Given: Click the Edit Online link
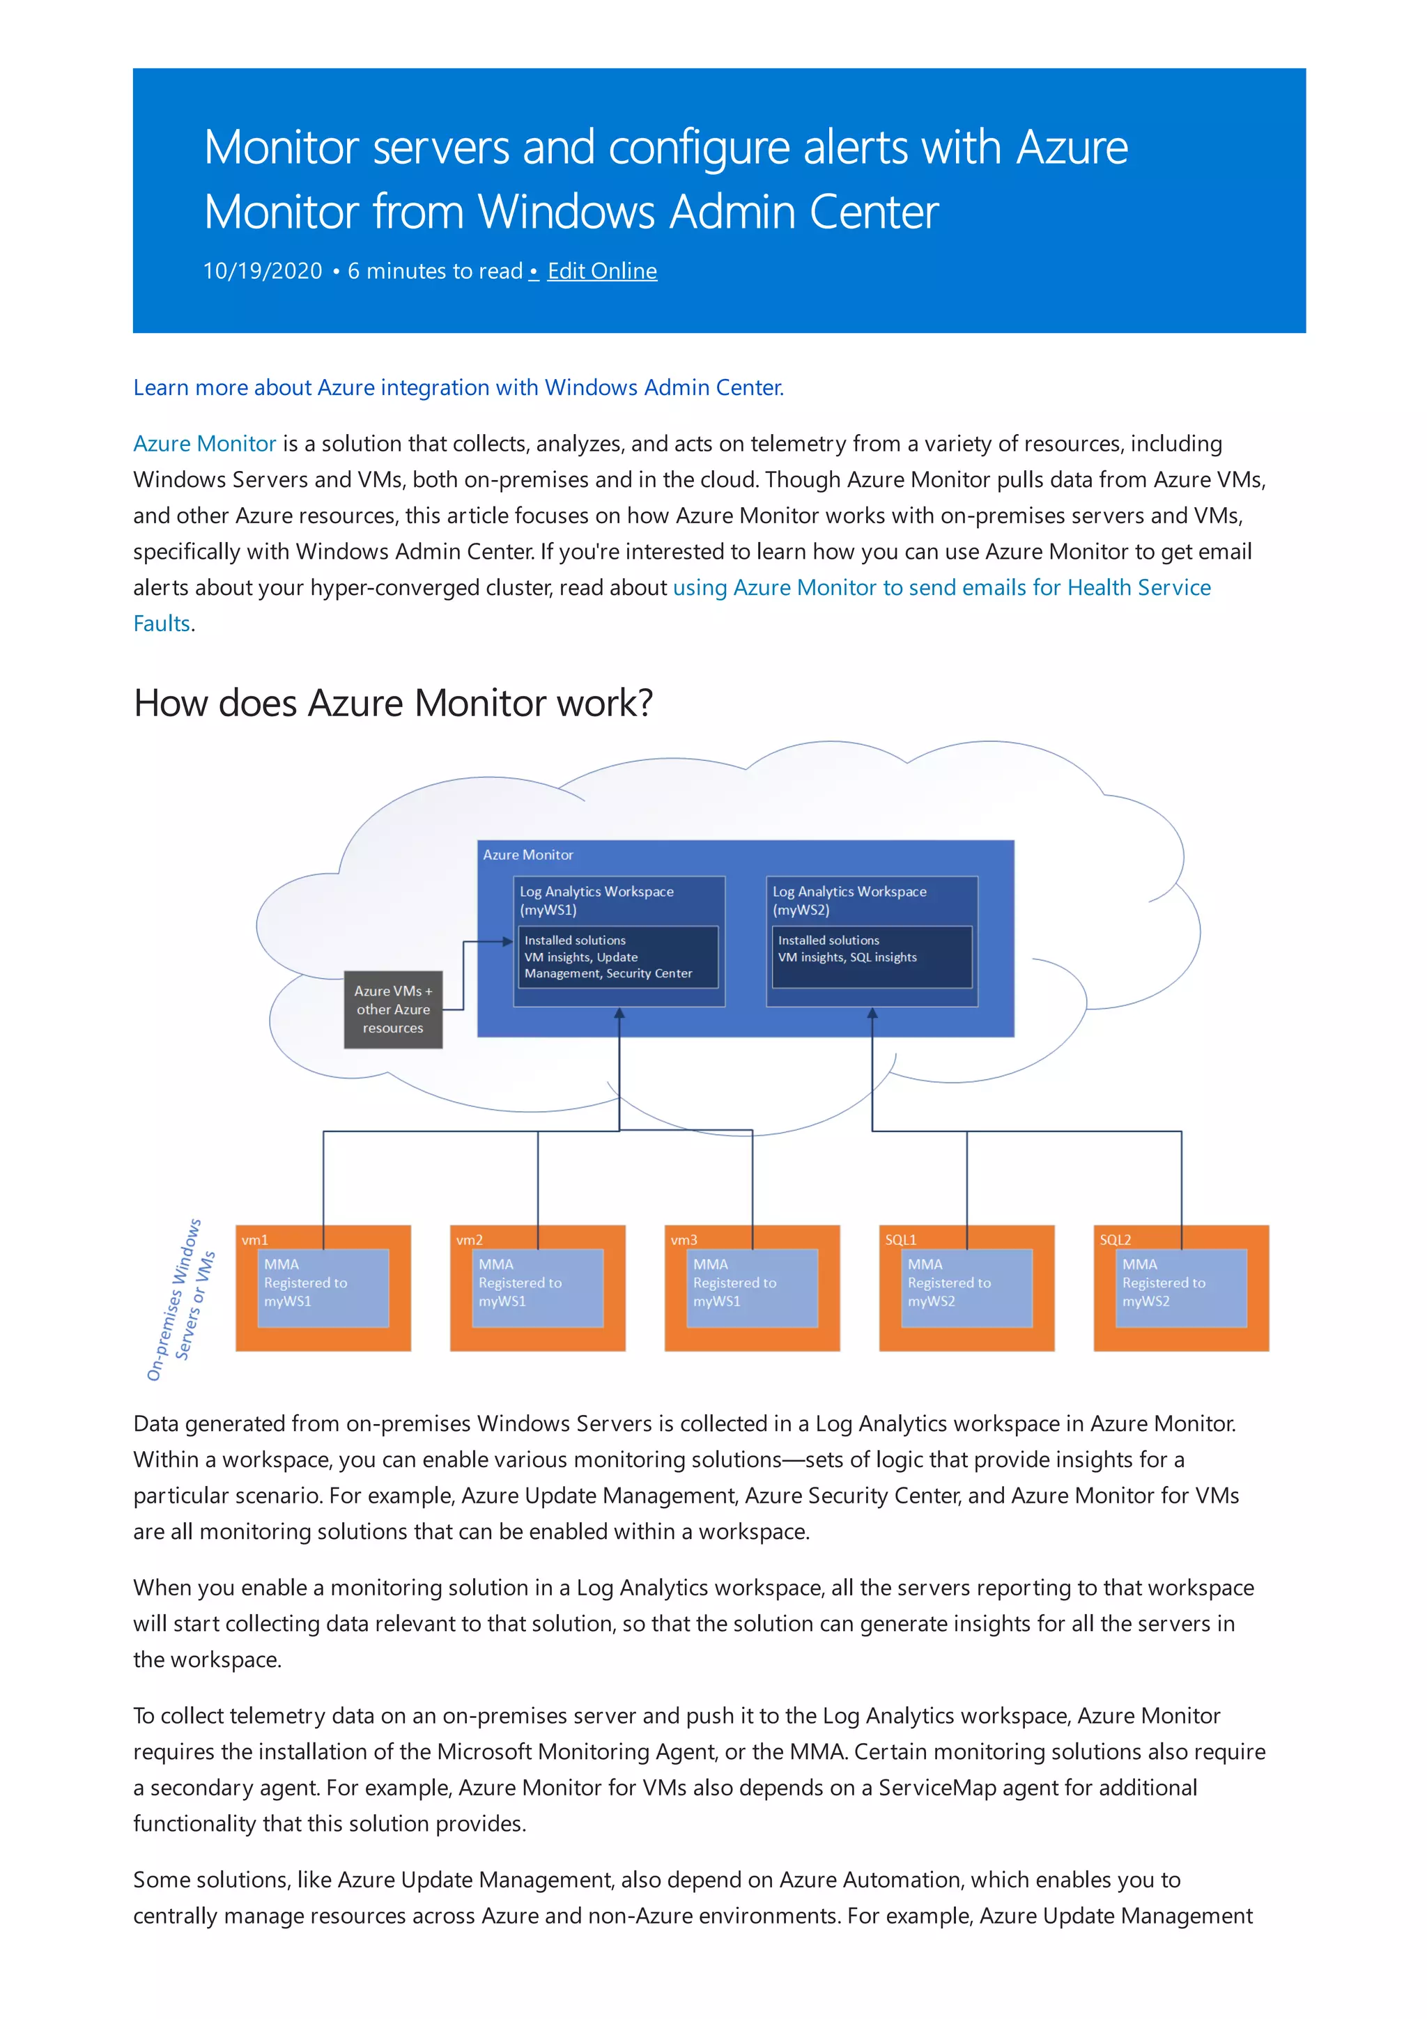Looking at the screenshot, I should coord(601,271).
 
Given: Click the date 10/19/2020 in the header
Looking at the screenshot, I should coord(262,271).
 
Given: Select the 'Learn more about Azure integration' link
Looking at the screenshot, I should coord(458,388).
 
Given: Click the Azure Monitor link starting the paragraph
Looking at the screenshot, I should coord(204,443).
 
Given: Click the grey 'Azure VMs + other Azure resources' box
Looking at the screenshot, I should coord(393,1009).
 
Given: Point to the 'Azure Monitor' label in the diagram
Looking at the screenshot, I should coord(527,855).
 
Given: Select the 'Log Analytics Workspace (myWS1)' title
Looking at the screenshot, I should coord(596,899).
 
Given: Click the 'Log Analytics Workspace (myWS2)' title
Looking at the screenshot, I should coord(849,899).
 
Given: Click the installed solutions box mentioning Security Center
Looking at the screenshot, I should coord(618,957).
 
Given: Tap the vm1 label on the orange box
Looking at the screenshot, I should coord(254,1240).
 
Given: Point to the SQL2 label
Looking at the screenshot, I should coord(1115,1240).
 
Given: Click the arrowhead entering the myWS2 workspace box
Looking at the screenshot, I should coord(872,1014).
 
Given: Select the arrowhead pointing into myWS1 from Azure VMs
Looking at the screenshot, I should coord(507,942).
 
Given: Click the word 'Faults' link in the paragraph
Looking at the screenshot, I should coord(162,624).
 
